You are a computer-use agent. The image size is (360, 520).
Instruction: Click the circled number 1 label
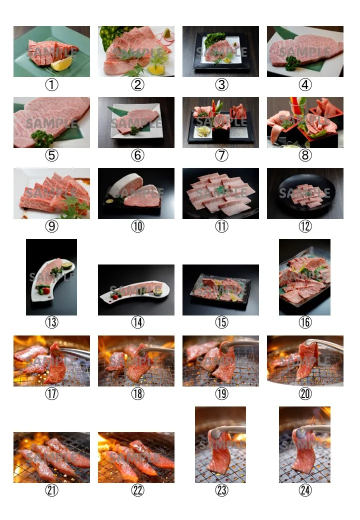tap(51, 84)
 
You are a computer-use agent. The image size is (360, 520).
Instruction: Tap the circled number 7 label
tap(222, 155)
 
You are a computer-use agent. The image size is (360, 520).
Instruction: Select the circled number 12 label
tap(305, 226)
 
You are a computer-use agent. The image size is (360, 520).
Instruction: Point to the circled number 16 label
tap(305, 322)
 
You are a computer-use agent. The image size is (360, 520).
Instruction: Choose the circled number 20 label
tap(305, 393)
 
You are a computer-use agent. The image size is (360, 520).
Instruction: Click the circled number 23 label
tap(222, 490)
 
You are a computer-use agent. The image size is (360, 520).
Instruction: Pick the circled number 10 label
tap(137, 226)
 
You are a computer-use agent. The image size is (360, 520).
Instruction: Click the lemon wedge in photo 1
tap(62, 63)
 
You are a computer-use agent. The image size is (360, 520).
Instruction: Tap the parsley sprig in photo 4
tap(291, 63)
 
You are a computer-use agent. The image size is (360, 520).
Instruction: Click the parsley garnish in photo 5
tap(42, 138)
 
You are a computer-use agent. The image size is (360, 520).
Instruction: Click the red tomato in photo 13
tap(46, 290)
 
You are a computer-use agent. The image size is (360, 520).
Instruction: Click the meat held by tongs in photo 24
tap(304, 449)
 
